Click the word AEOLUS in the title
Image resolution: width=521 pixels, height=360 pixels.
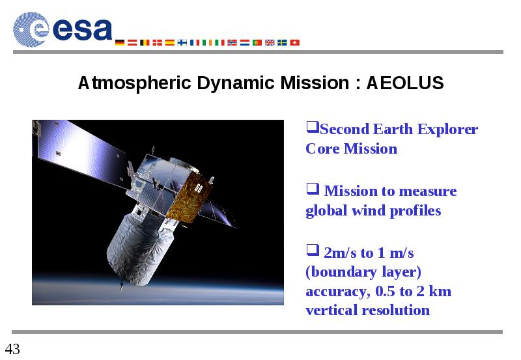click(x=404, y=83)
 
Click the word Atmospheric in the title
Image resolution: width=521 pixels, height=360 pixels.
click(x=135, y=83)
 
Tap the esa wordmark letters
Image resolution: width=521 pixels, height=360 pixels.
click(x=82, y=29)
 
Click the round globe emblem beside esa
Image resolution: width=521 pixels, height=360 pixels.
click(x=31, y=29)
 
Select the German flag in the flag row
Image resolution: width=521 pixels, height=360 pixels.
click(x=120, y=42)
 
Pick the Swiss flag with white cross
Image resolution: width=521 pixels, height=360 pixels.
click(x=295, y=42)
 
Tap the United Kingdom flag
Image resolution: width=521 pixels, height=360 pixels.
click(x=270, y=42)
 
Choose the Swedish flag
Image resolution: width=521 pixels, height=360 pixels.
click(x=283, y=42)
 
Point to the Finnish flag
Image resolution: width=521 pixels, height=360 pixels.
click(x=182, y=42)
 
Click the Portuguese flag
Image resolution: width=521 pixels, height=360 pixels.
click(x=257, y=42)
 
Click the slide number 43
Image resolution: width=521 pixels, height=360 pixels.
click(x=12, y=349)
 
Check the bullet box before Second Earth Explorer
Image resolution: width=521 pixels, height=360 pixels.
click(x=313, y=127)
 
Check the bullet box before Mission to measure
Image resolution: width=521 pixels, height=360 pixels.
click(x=313, y=189)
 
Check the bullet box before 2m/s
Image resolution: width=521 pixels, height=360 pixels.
click(x=313, y=250)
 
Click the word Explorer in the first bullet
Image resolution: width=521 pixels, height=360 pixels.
click(x=447, y=130)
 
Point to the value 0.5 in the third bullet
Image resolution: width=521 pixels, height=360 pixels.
click(x=385, y=291)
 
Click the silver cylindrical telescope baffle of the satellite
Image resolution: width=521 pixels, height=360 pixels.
click(x=140, y=246)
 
